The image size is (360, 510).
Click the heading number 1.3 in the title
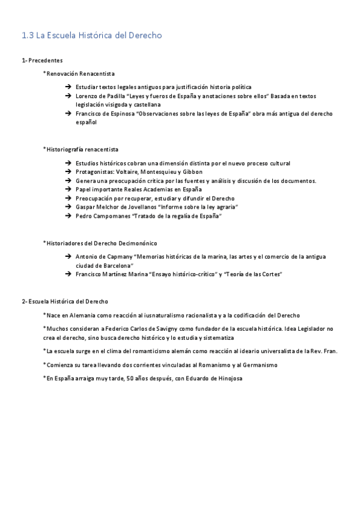click(27, 36)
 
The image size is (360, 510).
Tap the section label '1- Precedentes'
click(42, 61)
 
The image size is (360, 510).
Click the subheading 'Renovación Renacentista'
click(81, 73)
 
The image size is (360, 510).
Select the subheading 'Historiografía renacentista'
click(82, 149)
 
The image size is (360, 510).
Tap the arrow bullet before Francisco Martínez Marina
click(69, 274)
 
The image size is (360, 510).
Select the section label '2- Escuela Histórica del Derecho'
click(65, 301)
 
